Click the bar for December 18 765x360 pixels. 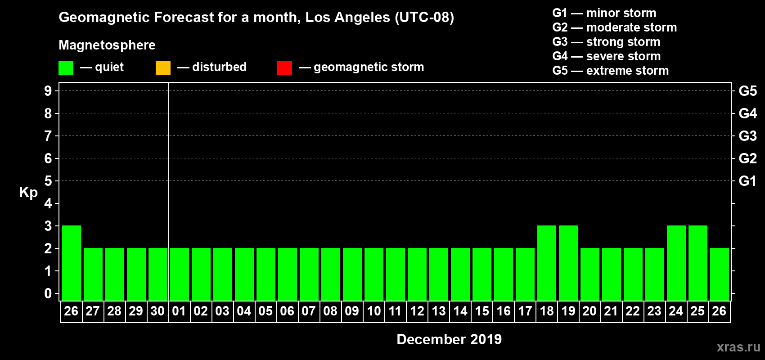pos(547,263)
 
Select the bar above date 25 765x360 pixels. pos(698,263)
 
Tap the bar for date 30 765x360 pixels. pos(158,274)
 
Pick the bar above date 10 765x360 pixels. pos(374,274)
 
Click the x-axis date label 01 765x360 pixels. pos(179,311)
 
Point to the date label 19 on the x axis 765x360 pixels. pos(568,311)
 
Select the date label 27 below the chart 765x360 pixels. pos(93,311)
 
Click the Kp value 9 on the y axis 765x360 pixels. pos(48,91)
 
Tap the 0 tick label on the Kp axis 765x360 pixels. pos(48,293)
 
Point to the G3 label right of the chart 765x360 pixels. pos(747,136)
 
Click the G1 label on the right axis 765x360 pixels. pos(747,181)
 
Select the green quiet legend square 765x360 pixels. pos(66,68)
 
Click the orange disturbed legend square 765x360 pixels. pos(163,68)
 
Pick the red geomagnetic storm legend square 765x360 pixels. pos(284,68)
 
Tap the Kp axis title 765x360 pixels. pos(28,192)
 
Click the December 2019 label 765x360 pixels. pos(449,339)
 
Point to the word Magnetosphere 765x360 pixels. pos(107,45)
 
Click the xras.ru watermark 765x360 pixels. pos(738,347)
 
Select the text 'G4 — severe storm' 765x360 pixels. pos(607,56)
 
